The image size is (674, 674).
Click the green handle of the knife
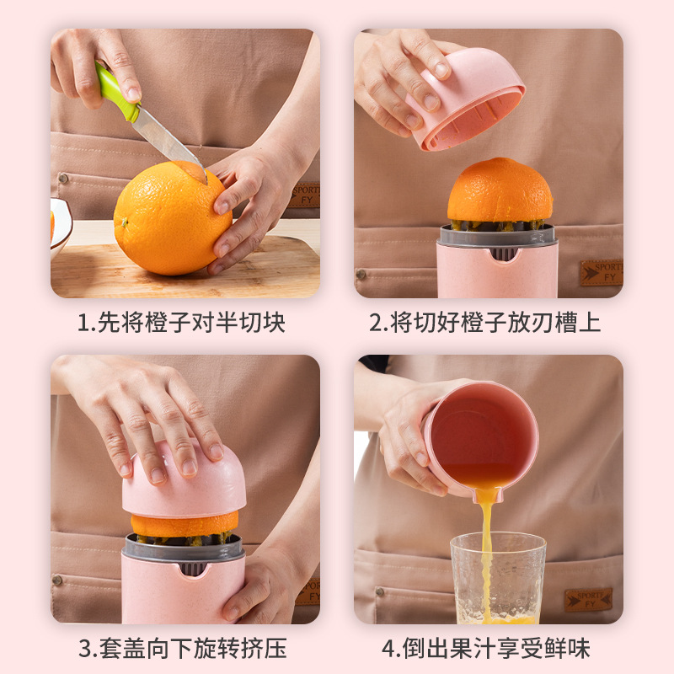pyautogui.click(x=115, y=93)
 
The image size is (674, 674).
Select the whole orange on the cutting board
pyautogui.click(x=172, y=220)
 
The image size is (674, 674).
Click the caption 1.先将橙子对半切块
pyautogui.click(x=181, y=323)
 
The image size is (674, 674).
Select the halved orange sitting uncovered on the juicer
pyautogui.click(x=500, y=192)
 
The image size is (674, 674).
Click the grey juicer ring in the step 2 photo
pyautogui.click(x=497, y=237)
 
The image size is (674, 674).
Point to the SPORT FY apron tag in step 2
pyautogui.click(x=601, y=273)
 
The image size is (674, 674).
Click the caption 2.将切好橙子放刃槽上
pyautogui.click(x=484, y=323)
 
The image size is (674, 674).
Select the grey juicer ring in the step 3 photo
pyautogui.click(x=184, y=548)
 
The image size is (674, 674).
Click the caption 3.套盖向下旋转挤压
pyautogui.click(x=182, y=648)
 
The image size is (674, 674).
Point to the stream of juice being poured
pyautogui.click(x=487, y=548)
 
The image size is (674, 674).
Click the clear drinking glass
pyautogui.click(x=497, y=581)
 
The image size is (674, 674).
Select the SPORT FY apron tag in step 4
pyautogui.click(x=588, y=599)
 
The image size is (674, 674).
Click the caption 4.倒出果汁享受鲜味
pyautogui.click(x=484, y=648)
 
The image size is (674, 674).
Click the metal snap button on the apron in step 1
pyautogui.click(x=62, y=179)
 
